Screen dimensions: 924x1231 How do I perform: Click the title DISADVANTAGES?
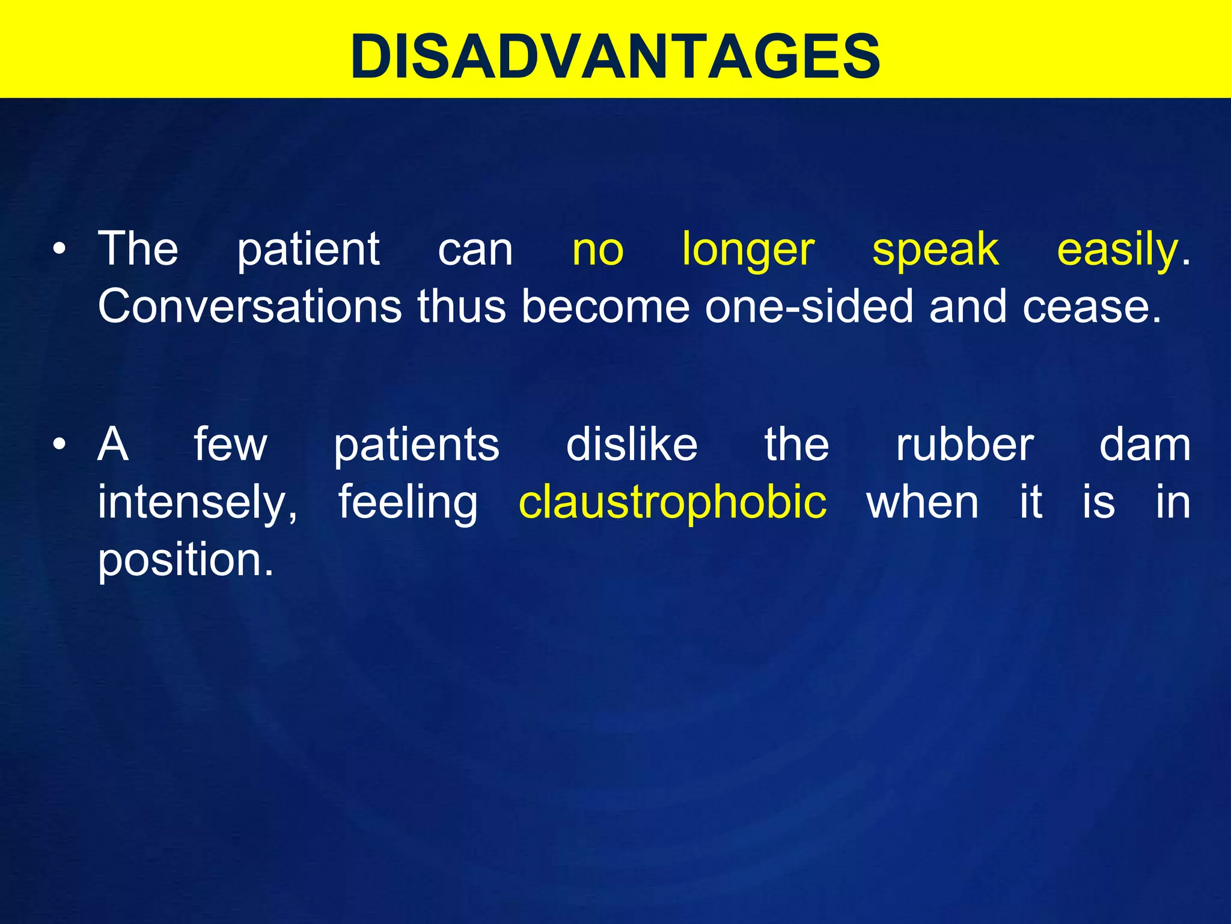pyautogui.click(x=615, y=55)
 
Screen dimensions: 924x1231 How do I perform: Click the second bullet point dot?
pyautogui.click(x=58, y=445)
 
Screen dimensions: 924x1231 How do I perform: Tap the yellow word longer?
pyautogui.click(x=748, y=250)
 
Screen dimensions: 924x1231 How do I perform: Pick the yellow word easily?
pyautogui.click(x=1117, y=250)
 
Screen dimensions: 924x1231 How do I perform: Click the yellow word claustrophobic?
pyautogui.click(x=672, y=502)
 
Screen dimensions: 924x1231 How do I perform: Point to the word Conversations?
pyautogui.click(x=249, y=306)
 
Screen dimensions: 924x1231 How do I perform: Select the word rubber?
pyautogui.click(x=965, y=445)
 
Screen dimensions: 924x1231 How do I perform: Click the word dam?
pyautogui.click(x=1144, y=445)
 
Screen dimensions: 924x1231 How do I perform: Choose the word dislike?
pyautogui.click(x=632, y=445)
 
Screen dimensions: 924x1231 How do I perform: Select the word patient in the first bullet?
pyautogui.click(x=308, y=250)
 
